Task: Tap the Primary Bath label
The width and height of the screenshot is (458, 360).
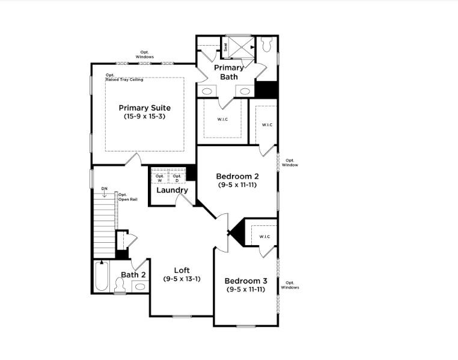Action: click(228, 72)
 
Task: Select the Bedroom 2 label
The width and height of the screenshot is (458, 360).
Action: click(237, 176)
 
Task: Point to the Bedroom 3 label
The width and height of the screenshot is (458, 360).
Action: click(246, 281)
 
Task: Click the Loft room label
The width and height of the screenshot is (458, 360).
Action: click(182, 270)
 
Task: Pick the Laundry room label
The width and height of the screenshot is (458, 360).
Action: click(172, 191)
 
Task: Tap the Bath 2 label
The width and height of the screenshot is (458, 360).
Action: click(133, 275)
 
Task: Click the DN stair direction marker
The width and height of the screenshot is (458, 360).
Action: click(104, 189)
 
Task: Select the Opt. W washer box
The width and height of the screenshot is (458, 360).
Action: click(159, 178)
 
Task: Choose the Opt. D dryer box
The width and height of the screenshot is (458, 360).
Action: click(177, 178)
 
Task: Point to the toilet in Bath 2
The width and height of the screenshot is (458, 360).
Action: click(120, 288)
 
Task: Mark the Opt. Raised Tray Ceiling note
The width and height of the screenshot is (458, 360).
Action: click(124, 77)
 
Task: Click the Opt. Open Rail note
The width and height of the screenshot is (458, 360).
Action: click(127, 197)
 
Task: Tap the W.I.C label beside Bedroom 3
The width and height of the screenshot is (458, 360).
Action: click(265, 237)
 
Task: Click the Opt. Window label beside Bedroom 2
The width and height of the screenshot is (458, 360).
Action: click(291, 162)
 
